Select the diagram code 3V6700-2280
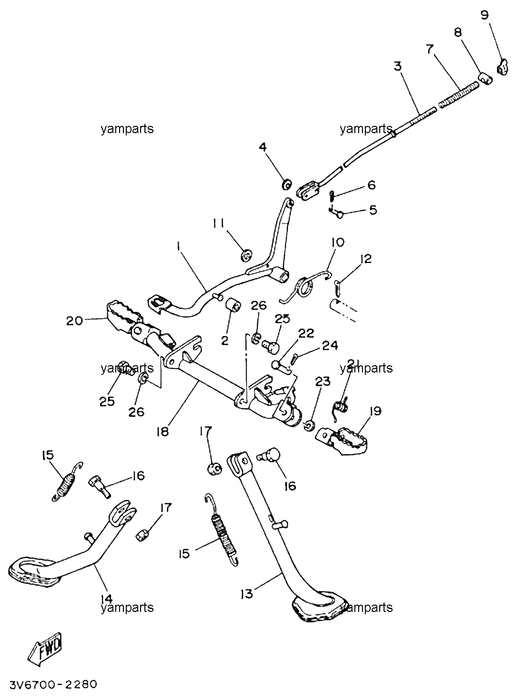pos(53,685)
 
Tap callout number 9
pos(484,15)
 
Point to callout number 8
pos(458,32)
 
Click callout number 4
pos(263,147)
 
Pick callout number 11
pos(218,224)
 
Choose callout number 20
pos(75,321)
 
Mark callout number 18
pos(163,431)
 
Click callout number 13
pos(246,594)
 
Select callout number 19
pos(375,411)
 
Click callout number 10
pos(338,242)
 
